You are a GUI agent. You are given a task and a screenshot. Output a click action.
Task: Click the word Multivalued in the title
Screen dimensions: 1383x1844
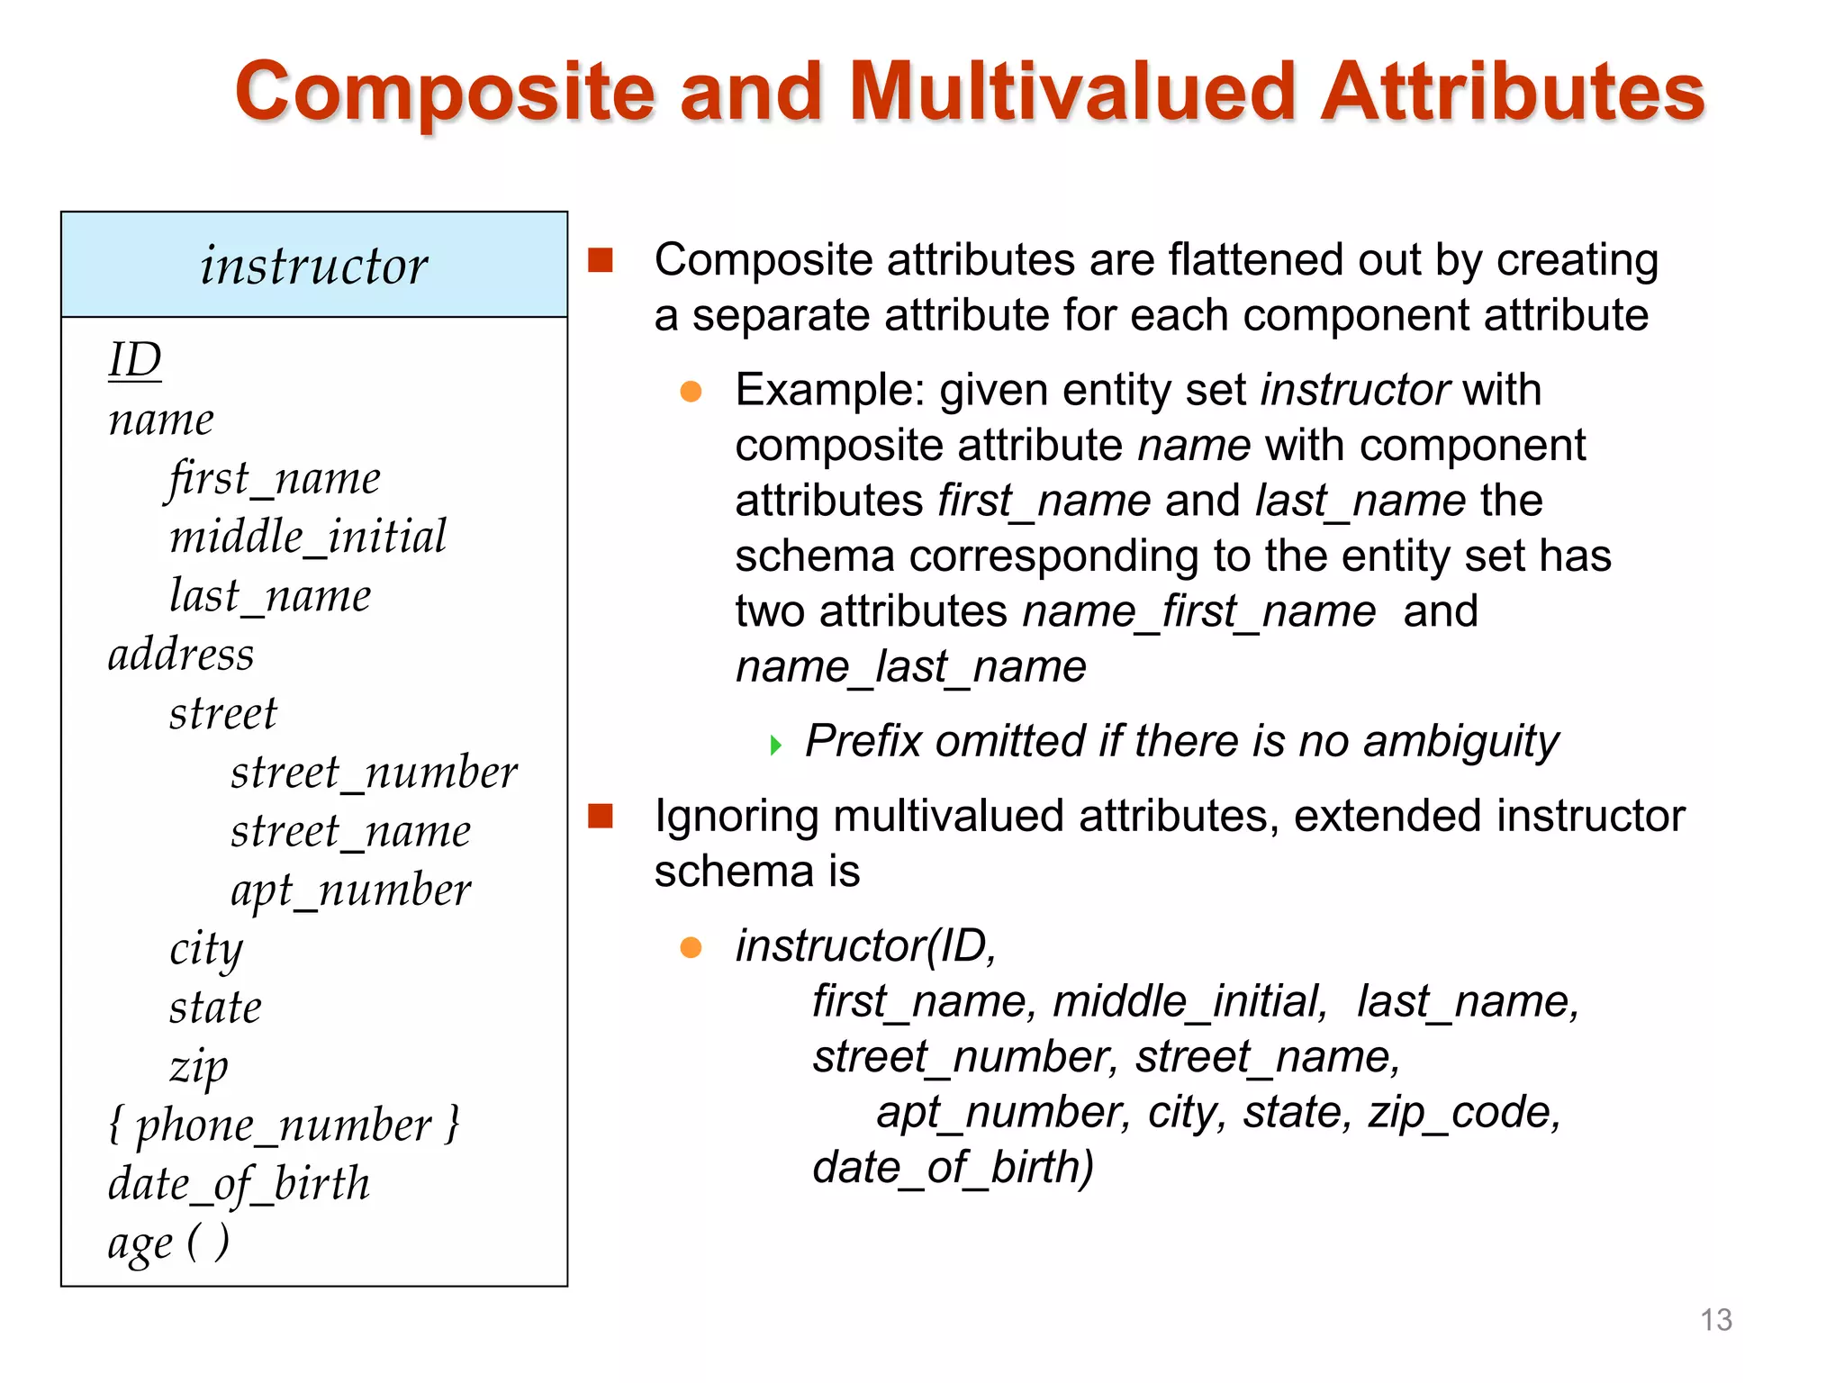[x=1071, y=92]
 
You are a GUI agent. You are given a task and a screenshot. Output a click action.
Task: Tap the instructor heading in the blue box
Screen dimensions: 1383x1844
[x=313, y=266]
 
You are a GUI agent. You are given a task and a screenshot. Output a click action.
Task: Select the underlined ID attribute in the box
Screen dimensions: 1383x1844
[x=135, y=360]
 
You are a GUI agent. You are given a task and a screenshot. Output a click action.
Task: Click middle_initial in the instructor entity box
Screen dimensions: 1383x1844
[x=308, y=537]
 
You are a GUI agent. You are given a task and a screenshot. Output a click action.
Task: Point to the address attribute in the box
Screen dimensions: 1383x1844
[x=181, y=654]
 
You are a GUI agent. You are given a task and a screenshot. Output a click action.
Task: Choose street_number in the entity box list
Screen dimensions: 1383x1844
[x=374, y=773]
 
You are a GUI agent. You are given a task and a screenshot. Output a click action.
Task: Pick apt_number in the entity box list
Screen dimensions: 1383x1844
[x=350, y=890]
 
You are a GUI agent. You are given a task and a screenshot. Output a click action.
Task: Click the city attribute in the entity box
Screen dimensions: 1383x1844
[x=206, y=949]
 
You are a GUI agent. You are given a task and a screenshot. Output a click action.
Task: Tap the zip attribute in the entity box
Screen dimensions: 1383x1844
[x=199, y=1067]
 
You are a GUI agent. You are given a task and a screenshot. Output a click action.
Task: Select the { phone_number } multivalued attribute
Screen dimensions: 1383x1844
[x=284, y=1125]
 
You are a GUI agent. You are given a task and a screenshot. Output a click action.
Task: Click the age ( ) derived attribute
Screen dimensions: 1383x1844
[x=168, y=1243]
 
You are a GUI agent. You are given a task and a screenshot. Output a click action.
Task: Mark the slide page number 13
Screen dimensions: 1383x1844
[x=1715, y=1320]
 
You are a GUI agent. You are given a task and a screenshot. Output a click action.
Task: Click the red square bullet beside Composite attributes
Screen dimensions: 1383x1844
[x=601, y=260]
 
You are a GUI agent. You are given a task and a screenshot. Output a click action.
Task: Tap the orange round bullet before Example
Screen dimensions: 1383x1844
[x=691, y=391]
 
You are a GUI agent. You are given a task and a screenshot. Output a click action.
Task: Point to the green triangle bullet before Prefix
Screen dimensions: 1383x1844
[x=775, y=745]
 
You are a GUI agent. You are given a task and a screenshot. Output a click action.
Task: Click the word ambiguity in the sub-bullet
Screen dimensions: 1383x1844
[x=1460, y=742]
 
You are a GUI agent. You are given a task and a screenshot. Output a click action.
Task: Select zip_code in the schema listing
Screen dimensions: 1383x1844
[x=1464, y=1112]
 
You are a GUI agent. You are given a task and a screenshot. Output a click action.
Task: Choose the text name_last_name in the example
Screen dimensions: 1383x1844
[x=910, y=667]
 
